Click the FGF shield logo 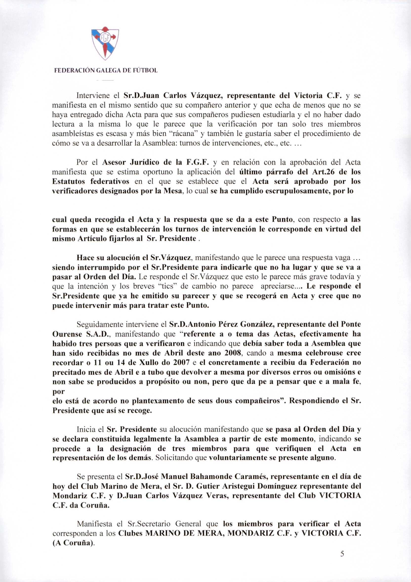pos(105,43)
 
